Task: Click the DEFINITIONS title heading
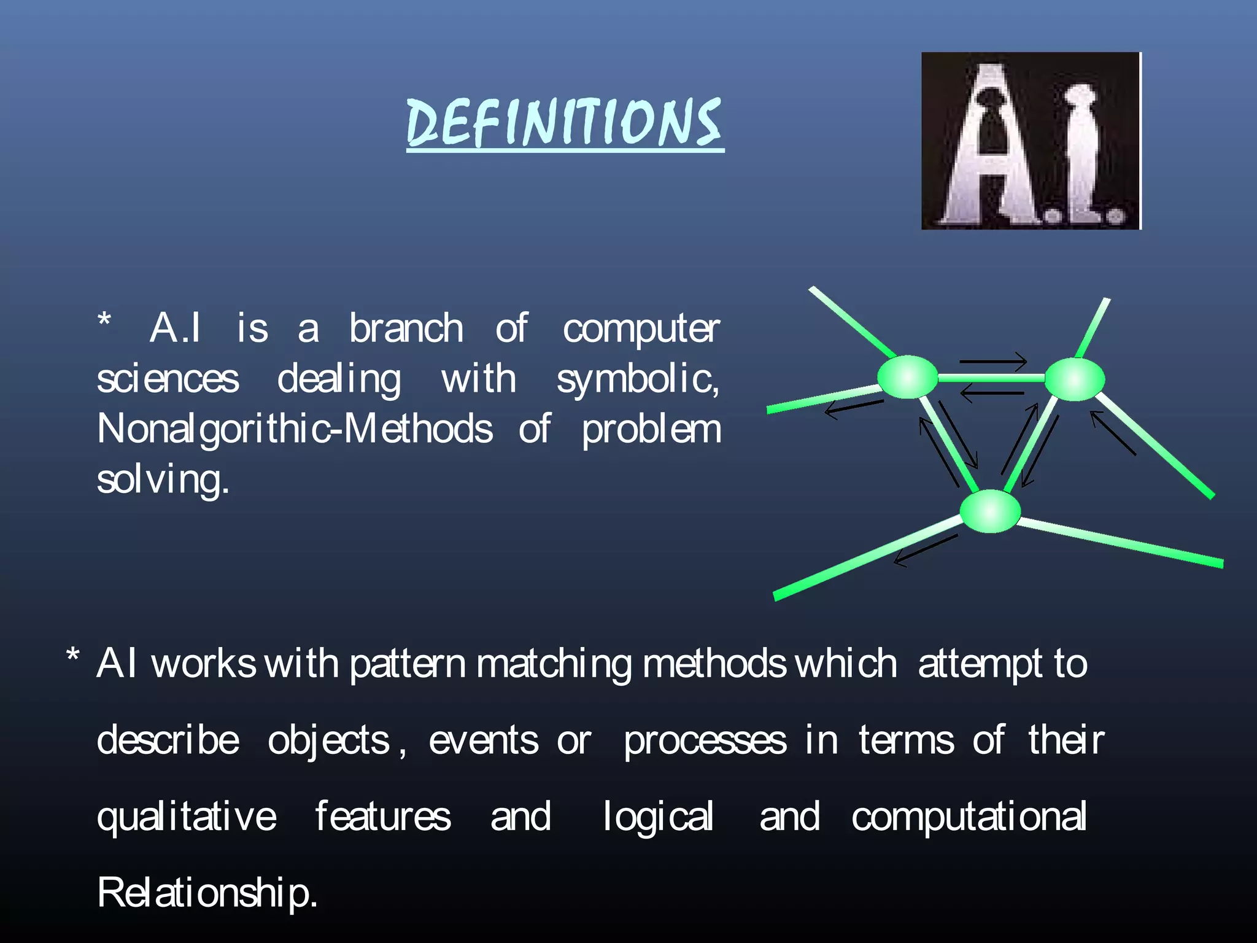click(565, 123)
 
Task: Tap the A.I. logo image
click(1031, 141)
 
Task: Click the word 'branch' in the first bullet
click(406, 328)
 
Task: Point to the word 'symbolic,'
click(638, 379)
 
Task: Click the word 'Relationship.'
click(207, 893)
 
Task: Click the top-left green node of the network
click(907, 377)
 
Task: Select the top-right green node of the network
click(1074, 379)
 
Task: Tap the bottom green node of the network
click(989, 511)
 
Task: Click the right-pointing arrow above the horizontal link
click(993, 361)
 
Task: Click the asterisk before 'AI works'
click(73, 656)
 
